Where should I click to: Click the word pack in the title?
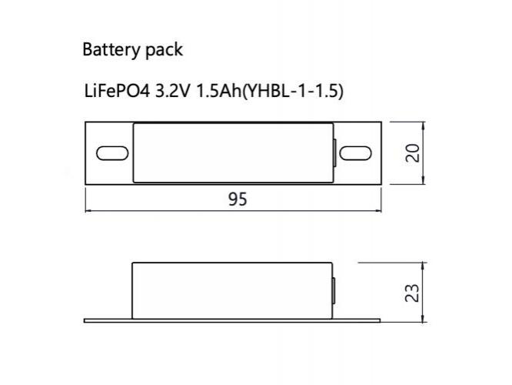[x=164, y=50]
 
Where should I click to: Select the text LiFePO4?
[x=117, y=92]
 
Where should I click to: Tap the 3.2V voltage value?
[x=172, y=92]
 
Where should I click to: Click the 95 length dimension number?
[x=238, y=199]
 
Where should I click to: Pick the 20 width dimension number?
[x=412, y=152]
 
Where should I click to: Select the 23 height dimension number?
[x=412, y=293]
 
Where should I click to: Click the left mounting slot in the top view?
[x=112, y=153]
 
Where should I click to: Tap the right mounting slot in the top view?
[x=356, y=153]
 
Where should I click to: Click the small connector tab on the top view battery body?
[x=334, y=153]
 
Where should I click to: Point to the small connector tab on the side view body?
[x=334, y=291]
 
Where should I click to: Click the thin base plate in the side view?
[x=232, y=320]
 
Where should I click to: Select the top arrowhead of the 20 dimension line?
[x=424, y=125]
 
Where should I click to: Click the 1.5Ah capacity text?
[x=218, y=92]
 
